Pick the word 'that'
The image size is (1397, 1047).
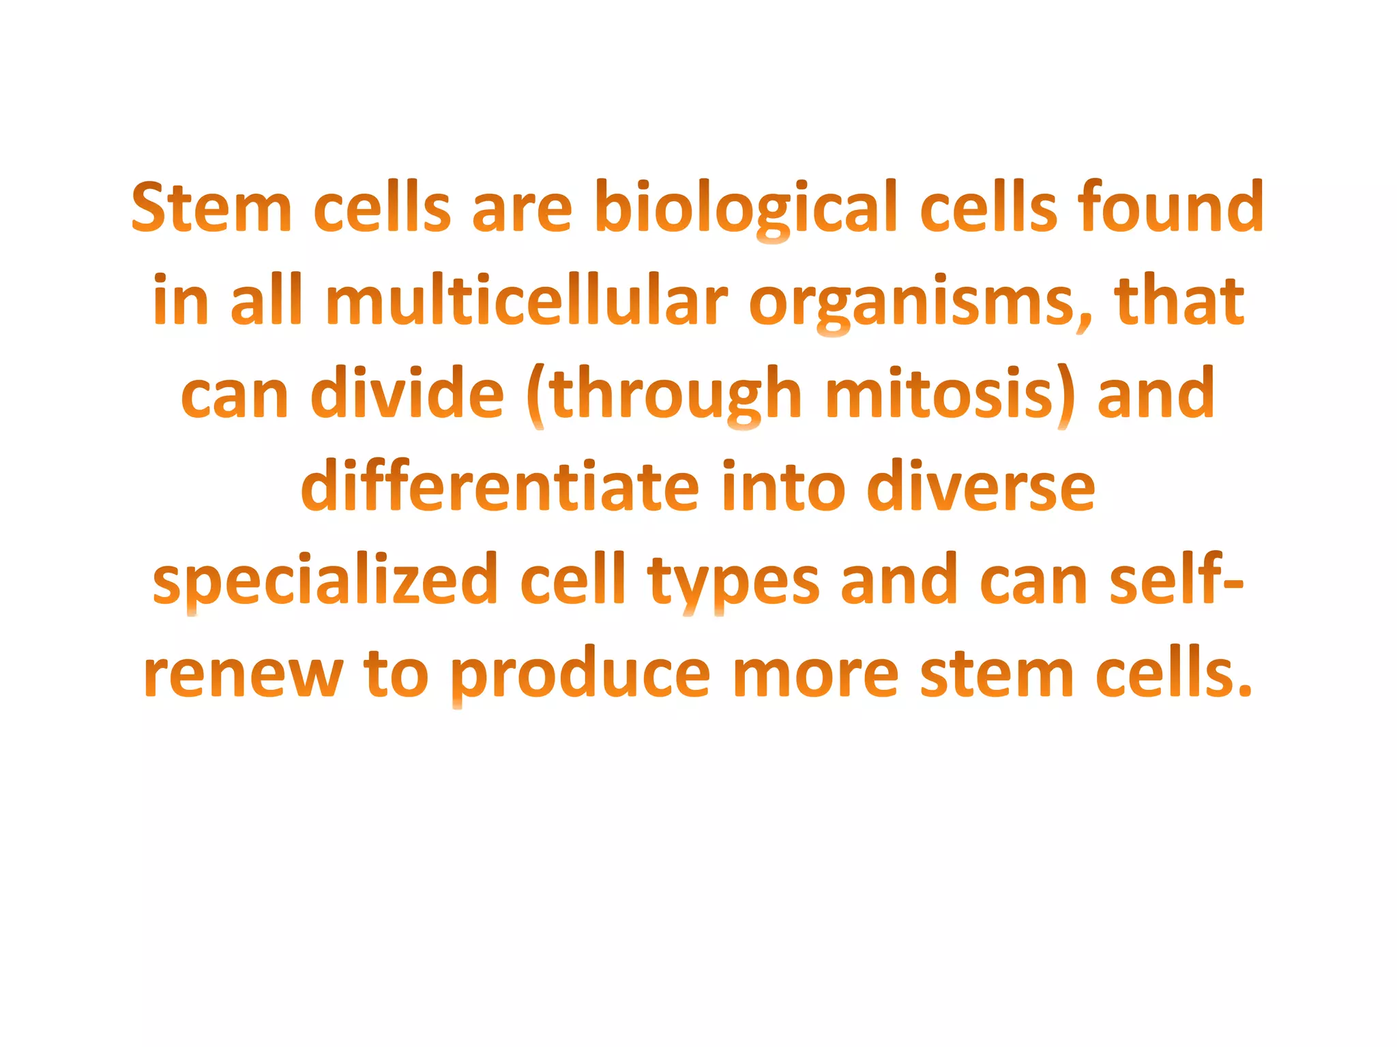1179,301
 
